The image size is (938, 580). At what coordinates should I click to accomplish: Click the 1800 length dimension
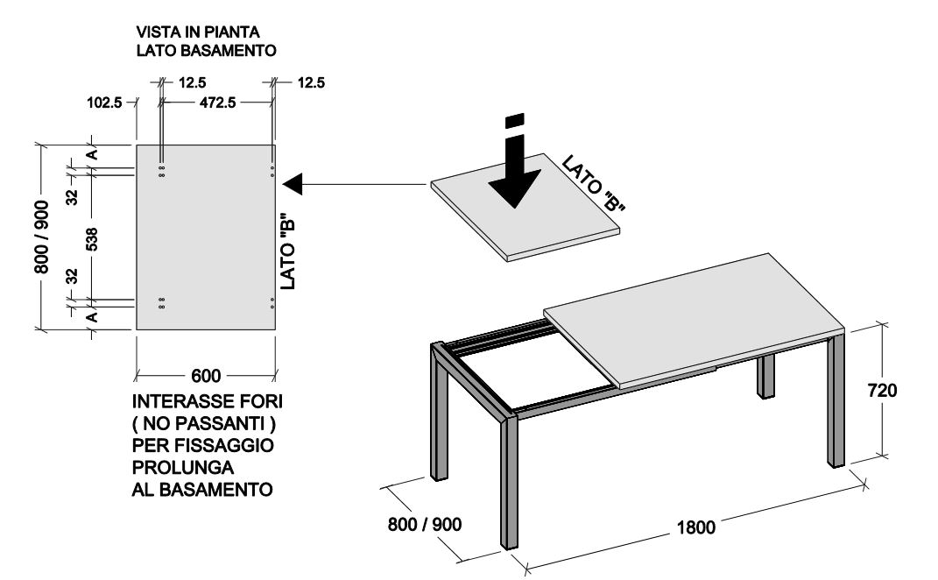(x=695, y=527)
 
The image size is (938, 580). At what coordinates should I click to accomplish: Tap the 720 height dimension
(x=883, y=390)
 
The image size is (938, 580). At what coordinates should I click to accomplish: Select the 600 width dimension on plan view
(x=206, y=376)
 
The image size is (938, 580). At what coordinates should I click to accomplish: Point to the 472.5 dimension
(x=213, y=103)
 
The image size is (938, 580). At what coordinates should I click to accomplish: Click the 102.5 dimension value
(x=104, y=103)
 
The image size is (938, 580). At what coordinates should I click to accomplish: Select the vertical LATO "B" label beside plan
(x=286, y=251)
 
